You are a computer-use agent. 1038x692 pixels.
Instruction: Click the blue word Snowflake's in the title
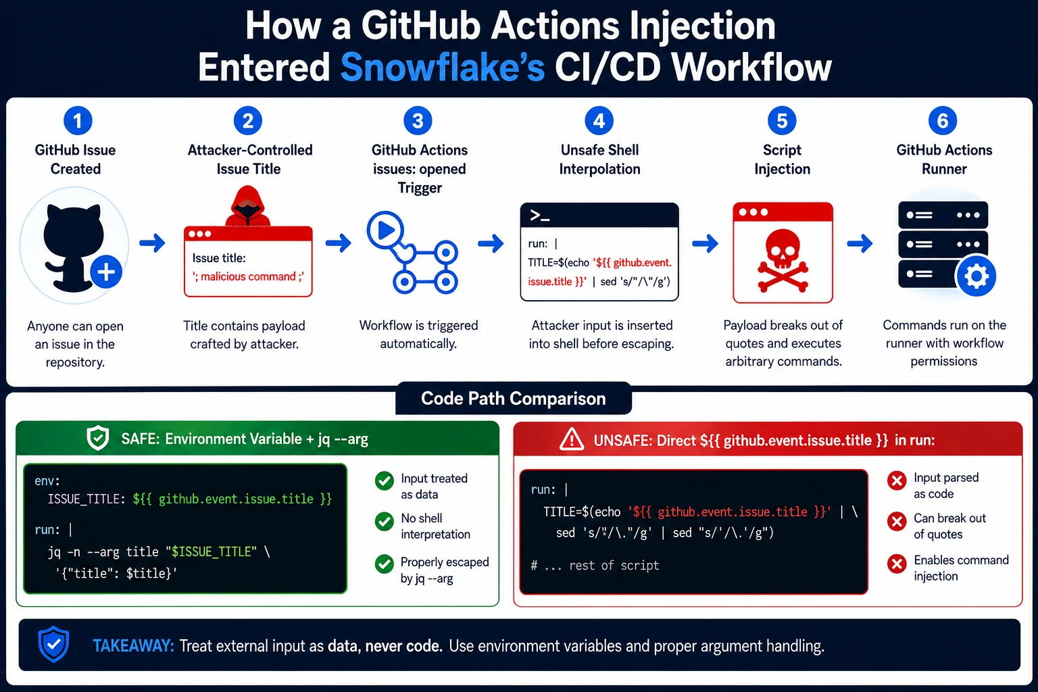point(443,67)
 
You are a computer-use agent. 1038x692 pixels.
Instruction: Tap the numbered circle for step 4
point(599,120)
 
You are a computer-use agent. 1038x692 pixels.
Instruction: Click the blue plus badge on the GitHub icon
point(106,272)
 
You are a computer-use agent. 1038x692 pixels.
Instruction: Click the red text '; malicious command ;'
point(249,276)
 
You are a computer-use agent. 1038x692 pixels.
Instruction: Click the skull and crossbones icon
point(783,260)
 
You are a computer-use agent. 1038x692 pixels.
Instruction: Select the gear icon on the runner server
point(976,276)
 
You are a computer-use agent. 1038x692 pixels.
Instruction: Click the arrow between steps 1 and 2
point(153,243)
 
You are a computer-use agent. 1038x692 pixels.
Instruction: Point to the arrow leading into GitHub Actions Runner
point(860,243)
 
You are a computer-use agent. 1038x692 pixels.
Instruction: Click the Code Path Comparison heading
point(514,399)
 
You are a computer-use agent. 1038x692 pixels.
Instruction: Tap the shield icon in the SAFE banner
point(98,438)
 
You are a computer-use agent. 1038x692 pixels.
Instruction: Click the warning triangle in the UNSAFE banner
point(572,439)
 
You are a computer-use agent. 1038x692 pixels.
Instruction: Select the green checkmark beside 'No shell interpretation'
point(384,522)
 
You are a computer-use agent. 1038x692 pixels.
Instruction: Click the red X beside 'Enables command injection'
point(897,564)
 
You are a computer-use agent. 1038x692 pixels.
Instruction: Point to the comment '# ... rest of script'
point(595,566)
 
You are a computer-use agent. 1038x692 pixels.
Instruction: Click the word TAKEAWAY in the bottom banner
point(133,645)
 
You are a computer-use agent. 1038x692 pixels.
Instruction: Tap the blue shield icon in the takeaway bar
point(54,644)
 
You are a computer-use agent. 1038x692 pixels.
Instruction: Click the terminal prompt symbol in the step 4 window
point(540,216)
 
